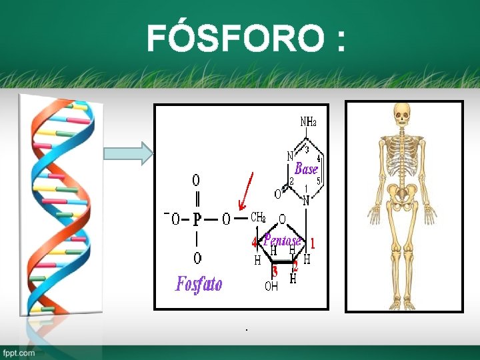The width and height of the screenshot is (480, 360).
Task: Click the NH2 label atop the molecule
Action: point(308,122)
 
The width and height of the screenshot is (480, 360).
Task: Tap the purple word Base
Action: point(306,169)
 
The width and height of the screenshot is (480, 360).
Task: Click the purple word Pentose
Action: point(283,239)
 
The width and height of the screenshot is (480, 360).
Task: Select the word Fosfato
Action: point(199,285)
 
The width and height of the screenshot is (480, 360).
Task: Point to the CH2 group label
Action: point(258,217)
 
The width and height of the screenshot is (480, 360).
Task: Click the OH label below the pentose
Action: point(271,287)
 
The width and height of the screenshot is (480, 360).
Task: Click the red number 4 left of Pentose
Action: point(254,242)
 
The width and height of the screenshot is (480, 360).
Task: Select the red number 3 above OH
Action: point(274,271)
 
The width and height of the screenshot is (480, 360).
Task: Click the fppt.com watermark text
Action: point(18,353)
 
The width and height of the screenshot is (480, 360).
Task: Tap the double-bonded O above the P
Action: point(196,180)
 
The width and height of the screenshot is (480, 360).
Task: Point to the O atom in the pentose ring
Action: point(282,219)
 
